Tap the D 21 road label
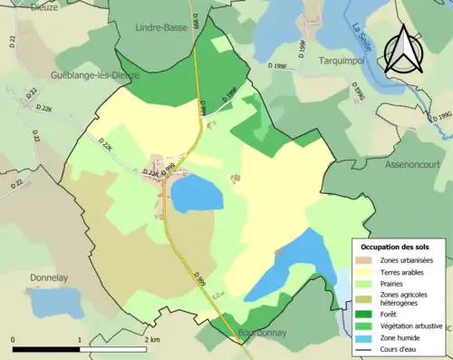pos(32,93)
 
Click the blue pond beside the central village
pos(197,193)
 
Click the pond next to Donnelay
pos(48,302)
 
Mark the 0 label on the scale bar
pos(14,339)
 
